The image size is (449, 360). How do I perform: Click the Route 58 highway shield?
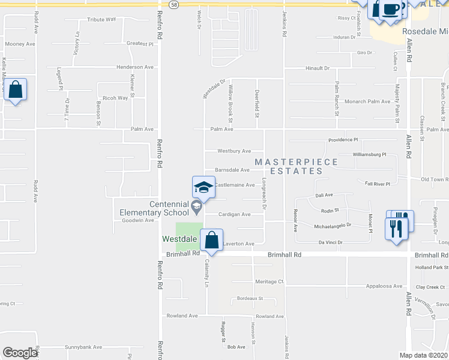click(x=173, y=4)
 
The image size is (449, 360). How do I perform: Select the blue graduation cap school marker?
click(x=203, y=187)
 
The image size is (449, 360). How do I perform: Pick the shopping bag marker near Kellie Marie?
click(x=16, y=91)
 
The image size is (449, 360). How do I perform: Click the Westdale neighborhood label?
click(x=179, y=239)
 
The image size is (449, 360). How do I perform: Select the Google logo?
click(x=19, y=353)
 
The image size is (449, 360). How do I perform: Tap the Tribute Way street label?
click(x=101, y=19)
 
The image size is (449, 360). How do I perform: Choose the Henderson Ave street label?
click(x=135, y=67)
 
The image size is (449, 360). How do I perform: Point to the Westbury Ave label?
click(x=234, y=151)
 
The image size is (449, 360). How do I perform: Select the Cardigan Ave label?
click(x=234, y=214)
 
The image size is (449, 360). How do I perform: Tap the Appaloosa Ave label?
click(x=384, y=286)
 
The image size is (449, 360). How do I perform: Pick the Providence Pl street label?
click(x=343, y=140)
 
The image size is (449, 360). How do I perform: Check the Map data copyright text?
click(x=423, y=355)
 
